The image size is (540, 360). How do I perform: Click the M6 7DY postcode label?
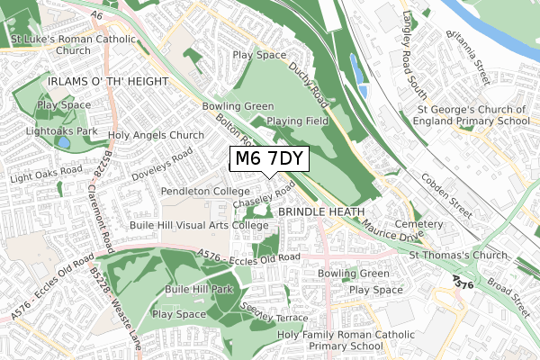click(269, 159)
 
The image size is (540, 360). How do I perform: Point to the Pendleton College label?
click(206, 192)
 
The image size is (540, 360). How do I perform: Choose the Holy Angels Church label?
click(157, 136)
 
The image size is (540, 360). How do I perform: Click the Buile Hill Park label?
click(199, 290)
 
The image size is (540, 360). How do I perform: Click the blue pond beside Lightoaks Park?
click(62, 142)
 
